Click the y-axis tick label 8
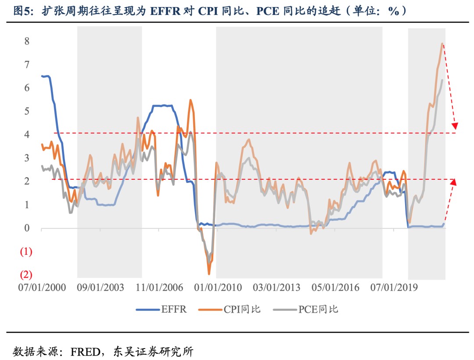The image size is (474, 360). [26, 41]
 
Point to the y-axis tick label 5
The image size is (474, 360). [26, 111]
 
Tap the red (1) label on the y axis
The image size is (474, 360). [26, 252]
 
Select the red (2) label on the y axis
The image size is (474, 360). [26, 275]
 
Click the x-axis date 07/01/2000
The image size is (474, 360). [42, 288]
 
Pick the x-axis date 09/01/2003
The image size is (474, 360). [101, 288]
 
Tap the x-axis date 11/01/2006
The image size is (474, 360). [160, 288]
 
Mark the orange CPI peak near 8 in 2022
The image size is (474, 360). [442, 43]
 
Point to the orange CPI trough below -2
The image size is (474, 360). [209, 274]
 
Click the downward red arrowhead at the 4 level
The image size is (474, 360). [455, 126]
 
